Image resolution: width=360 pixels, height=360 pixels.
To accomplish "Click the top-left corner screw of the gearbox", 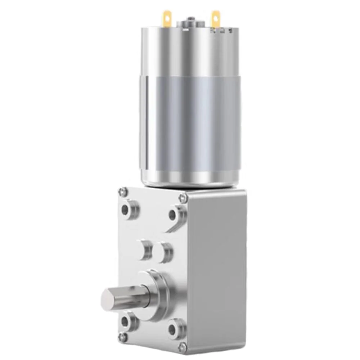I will pos(123,190).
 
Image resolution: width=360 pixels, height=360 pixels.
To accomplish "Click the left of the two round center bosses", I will pos(146,249).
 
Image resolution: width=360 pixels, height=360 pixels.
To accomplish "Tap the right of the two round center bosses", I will pos(164,252).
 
